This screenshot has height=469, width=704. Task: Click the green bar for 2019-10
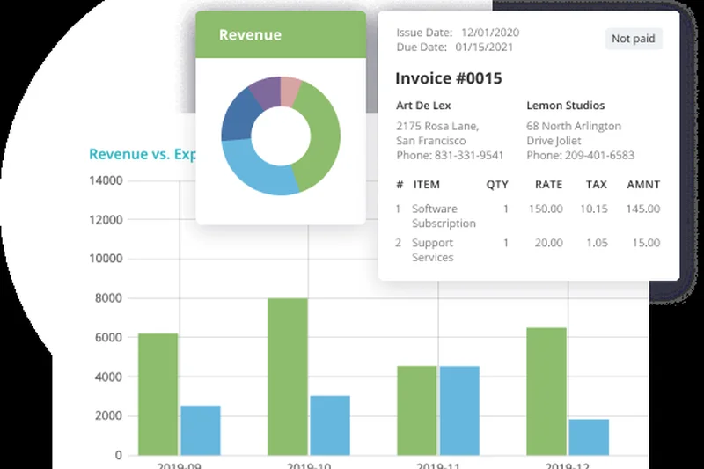(x=288, y=377)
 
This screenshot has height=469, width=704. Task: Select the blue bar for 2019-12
(x=589, y=436)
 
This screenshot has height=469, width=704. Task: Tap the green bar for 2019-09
(x=158, y=393)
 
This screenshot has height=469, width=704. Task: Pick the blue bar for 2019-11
(x=459, y=410)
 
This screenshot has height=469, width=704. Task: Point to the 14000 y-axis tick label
(x=106, y=180)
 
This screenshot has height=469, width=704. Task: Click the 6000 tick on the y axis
(x=109, y=337)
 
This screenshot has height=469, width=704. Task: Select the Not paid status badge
(x=634, y=39)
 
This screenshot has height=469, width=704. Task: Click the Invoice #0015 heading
(x=448, y=78)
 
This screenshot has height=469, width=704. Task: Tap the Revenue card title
(x=250, y=35)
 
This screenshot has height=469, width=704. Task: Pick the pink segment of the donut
(x=290, y=90)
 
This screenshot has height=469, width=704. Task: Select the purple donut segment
(x=264, y=92)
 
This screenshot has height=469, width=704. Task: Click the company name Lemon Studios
(x=559, y=106)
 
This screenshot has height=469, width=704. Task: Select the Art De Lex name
(x=422, y=106)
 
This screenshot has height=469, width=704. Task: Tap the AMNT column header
(x=643, y=185)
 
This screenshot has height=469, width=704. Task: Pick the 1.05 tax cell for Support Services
(x=596, y=243)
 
